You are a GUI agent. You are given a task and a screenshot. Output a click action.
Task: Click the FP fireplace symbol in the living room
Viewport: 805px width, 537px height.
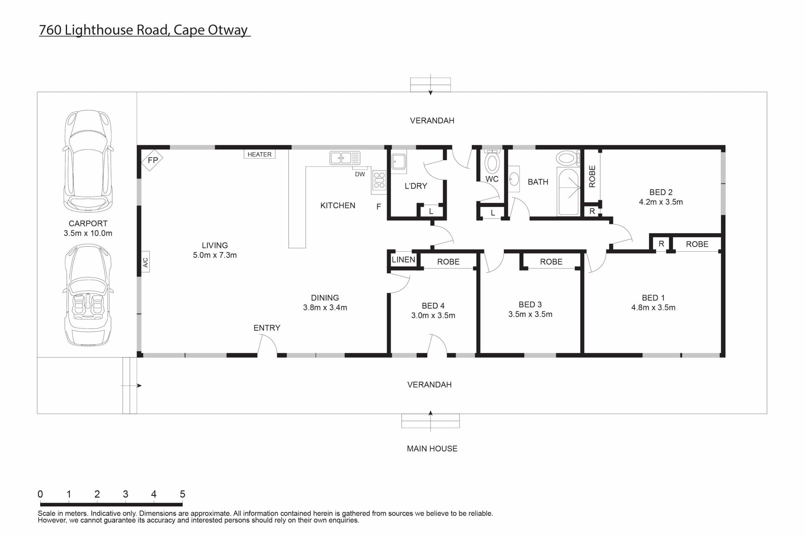point(152,160)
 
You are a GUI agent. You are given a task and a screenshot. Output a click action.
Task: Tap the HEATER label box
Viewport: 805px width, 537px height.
point(260,154)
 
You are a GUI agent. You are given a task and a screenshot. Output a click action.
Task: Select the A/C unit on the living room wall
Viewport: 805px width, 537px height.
point(145,262)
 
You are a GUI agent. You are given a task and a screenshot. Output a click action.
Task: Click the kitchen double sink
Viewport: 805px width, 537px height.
point(345,158)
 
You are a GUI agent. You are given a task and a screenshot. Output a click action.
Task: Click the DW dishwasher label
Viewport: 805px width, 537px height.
point(360,174)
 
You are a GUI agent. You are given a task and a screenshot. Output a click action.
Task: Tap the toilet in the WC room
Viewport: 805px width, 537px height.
point(492,161)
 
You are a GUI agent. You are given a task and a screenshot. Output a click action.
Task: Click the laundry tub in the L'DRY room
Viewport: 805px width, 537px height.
point(399,162)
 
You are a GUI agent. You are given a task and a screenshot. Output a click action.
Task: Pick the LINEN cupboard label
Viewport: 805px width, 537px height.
point(403,260)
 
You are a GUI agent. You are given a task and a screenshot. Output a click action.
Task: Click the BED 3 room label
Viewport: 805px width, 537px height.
point(530,305)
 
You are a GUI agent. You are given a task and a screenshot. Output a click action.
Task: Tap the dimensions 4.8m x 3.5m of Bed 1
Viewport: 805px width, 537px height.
point(653,308)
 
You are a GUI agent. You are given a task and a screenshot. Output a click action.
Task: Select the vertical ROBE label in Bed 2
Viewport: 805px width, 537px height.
point(592,176)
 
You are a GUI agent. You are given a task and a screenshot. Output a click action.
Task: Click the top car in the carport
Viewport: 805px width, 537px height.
point(88,162)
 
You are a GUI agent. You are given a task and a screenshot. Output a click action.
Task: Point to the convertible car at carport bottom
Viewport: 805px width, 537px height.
point(88,295)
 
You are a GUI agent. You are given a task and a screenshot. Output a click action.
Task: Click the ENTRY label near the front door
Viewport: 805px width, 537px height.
point(267,328)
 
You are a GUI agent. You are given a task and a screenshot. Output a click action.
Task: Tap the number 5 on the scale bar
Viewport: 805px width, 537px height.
point(182,494)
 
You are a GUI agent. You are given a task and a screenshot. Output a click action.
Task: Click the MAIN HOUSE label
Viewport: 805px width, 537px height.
point(432,448)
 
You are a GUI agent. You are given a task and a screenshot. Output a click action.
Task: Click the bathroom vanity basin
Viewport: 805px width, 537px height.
point(514,179)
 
